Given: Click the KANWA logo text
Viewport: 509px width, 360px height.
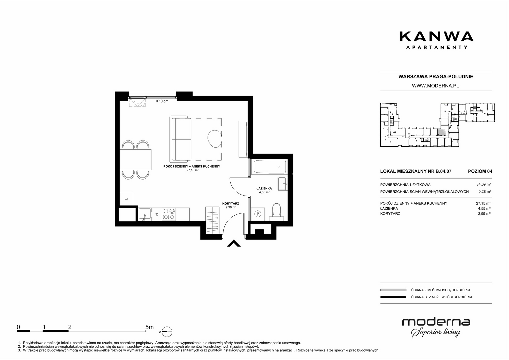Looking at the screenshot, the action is [436, 36].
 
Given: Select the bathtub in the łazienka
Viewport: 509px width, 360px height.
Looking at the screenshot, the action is [270, 167].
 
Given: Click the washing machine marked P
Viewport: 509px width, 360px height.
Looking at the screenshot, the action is [258, 214].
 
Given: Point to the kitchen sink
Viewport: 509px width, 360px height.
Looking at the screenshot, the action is [145, 214].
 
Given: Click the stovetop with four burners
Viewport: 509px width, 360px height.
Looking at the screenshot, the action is [169, 214].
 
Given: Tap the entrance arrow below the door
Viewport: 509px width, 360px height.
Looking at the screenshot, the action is [234, 243].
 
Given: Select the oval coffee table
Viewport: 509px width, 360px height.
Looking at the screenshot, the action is [215, 138].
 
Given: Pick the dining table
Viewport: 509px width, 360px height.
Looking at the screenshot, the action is [135, 160].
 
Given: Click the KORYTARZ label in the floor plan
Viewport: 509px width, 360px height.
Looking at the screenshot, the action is [231, 204].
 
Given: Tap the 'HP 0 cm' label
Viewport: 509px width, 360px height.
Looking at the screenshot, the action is [161, 101].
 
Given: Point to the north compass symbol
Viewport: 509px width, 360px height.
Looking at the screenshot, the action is [167, 332].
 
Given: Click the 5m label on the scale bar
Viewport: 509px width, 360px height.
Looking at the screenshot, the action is [149, 327].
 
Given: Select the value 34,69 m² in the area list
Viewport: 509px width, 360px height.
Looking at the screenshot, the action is [484, 184].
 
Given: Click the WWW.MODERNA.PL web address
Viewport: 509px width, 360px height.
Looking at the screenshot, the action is [435, 86].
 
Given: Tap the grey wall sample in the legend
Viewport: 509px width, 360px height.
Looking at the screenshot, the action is [393, 290].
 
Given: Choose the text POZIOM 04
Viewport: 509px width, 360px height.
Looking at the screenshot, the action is [480, 171].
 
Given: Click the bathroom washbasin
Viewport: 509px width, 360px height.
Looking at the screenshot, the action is [282, 184].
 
